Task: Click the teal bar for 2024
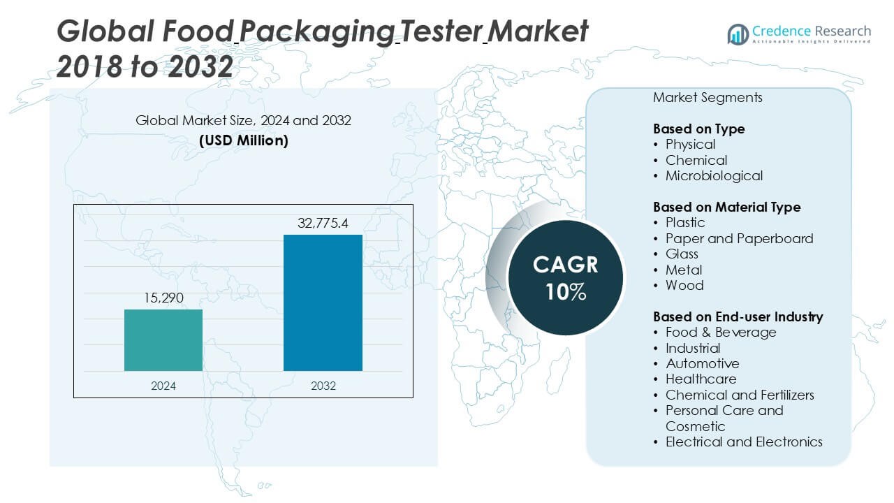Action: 163,340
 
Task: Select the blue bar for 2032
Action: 323,302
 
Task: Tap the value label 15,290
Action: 163,298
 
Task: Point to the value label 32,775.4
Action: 323,224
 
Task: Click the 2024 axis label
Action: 163,385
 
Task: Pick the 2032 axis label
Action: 323,385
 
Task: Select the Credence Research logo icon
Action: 738,34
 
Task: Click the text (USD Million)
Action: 243,140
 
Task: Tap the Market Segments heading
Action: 708,97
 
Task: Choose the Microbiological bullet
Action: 713,175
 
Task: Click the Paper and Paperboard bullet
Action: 739,238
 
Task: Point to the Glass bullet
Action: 682,254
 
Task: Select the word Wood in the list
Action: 684,285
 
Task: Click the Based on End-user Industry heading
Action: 738,316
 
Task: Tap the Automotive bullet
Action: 702,363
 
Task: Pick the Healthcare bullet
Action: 701,379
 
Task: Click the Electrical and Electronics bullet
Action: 744,442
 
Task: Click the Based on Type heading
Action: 698,129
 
